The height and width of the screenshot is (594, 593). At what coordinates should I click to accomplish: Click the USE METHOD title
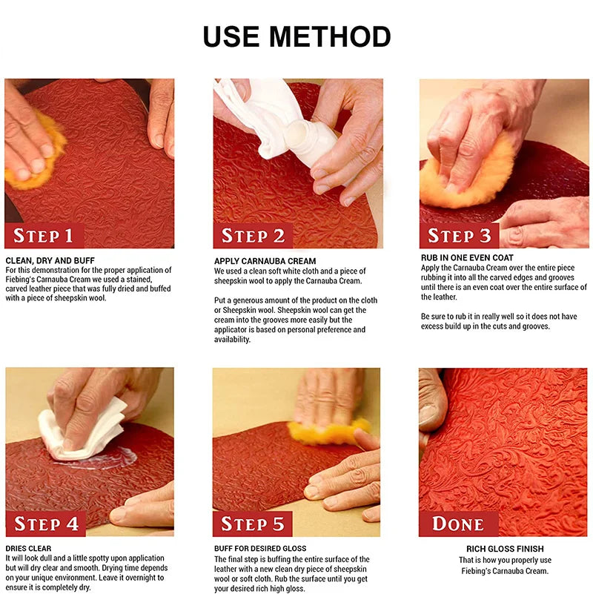(x=296, y=36)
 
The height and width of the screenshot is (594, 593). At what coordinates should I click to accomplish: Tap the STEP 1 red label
(x=44, y=236)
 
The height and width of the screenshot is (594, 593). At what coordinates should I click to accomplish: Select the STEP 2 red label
(x=253, y=236)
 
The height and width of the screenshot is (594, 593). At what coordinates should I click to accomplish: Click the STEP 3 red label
(x=460, y=236)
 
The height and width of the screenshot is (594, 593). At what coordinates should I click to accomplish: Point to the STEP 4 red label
(x=46, y=524)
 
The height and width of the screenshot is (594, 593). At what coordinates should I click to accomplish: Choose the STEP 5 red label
(x=253, y=524)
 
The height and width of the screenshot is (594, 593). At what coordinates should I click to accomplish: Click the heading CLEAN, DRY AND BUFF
(x=50, y=260)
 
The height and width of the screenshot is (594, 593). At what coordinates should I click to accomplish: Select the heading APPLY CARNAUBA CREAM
(x=265, y=261)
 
